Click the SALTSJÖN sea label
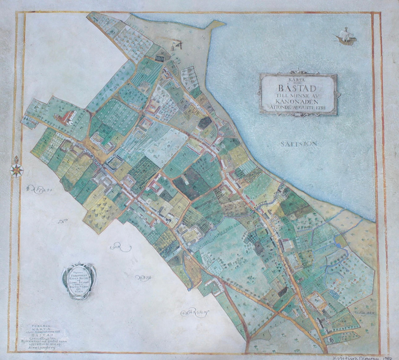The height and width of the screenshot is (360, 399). tap(299, 144)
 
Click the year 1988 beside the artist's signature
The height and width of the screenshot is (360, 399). tap(389, 356)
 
